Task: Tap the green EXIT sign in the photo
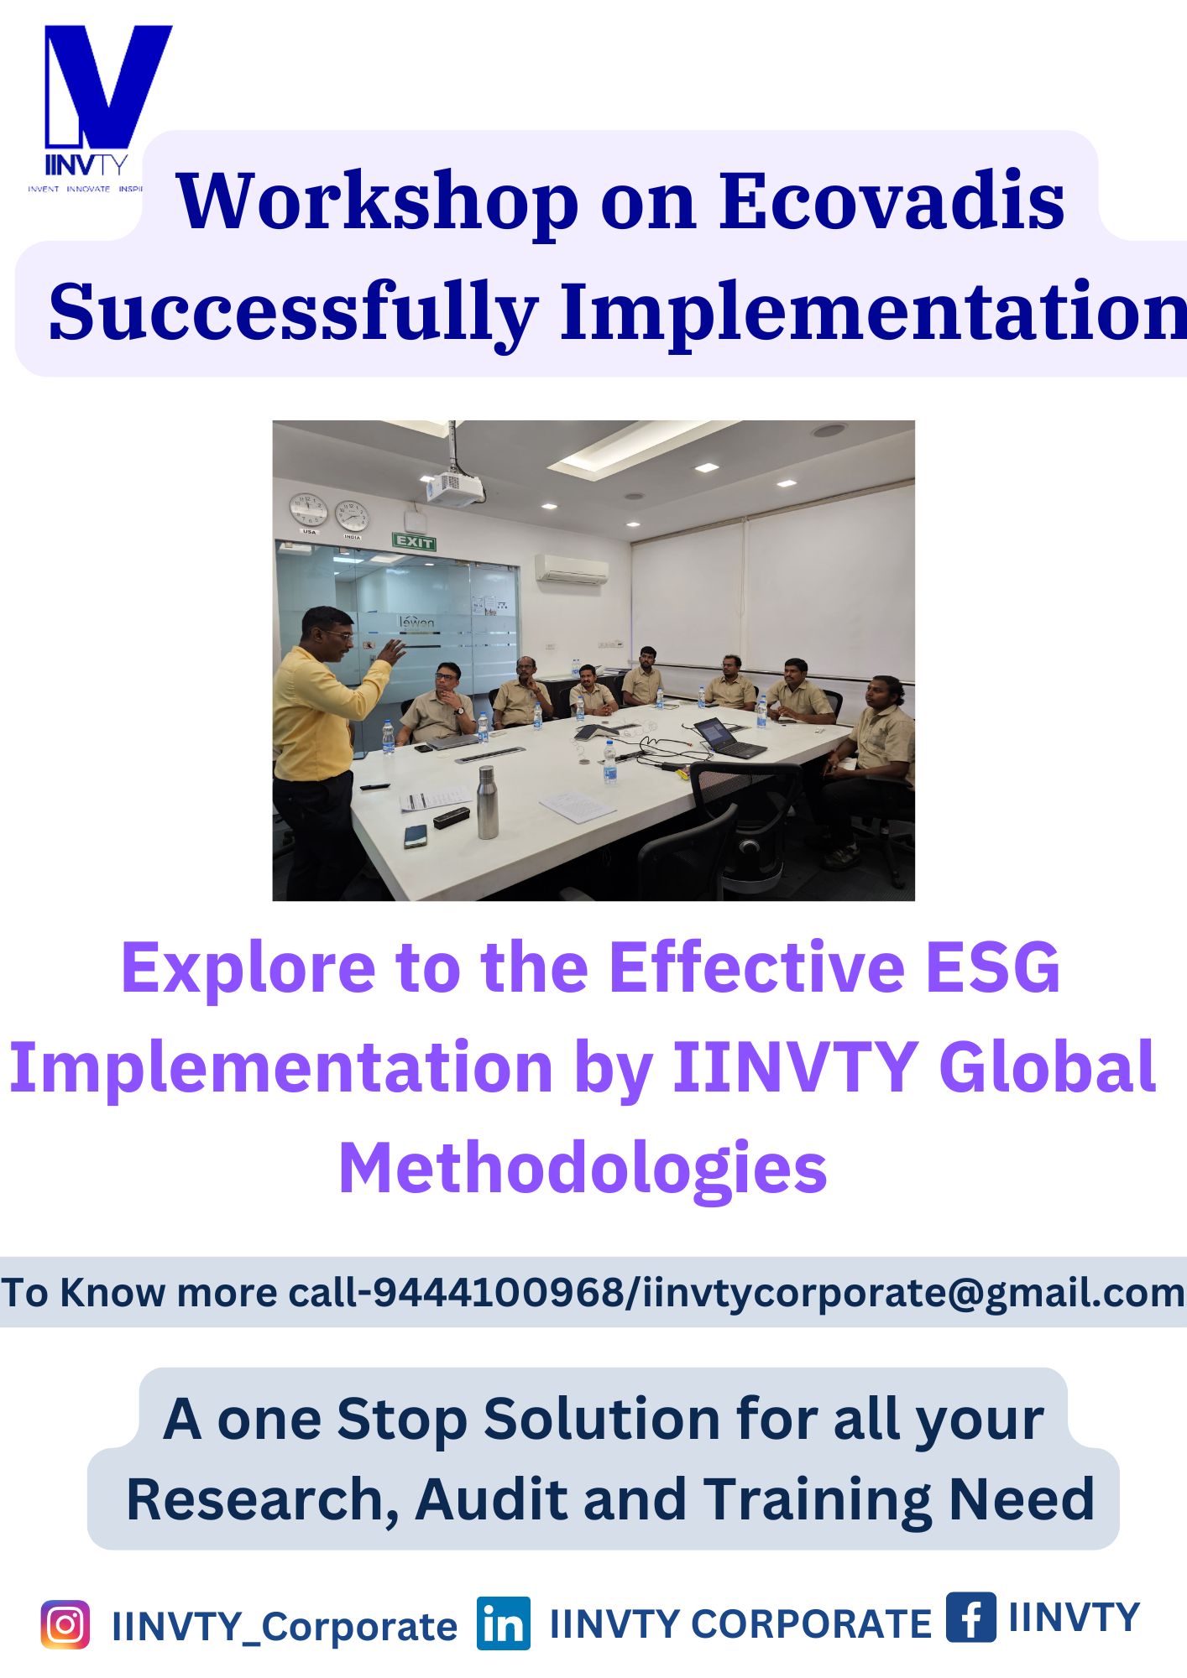pos(414,542)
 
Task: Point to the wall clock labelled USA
pos(308,509)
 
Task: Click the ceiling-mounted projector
pos(454,487)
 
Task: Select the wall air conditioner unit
pos(572,569)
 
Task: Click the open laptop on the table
pos(727,737)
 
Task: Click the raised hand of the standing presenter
pos(391,650)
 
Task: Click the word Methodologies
pos(583,1170)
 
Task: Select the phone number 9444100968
pos(499,1292)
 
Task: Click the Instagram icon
pos(65,1625)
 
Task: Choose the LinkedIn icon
pos(504,1623)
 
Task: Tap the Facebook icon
pos(971,1617)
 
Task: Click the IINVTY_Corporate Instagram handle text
pos(285,1627)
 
